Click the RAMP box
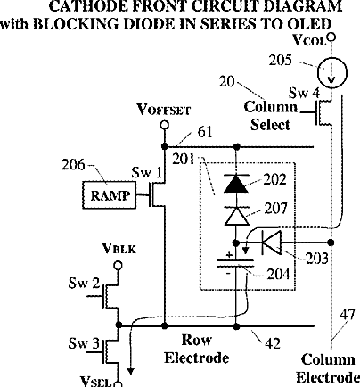(x=109, y=195)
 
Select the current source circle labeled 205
(x=331, y=73)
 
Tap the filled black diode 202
(x=236, y=184)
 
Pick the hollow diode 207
(x=236, y=216)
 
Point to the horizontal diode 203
(x=271, y=243)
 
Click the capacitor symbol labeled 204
(x=236, y=264)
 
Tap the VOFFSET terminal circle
(x=164, y=125)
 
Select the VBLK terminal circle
(x=119, y=265)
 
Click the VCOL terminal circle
(x=331, y=37)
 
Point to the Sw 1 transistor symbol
(x=156, y=194)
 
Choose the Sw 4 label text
(x=305, y=93)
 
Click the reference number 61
(x=205, y=132)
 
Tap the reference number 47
(x=347, y=315)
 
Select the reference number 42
(x=273, y=343)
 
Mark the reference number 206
(x=73, y=164)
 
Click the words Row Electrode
(x=197, y=349)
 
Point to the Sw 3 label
(x=84, y=343)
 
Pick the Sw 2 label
(x=84, y=283)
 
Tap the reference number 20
(x=227, y=82)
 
